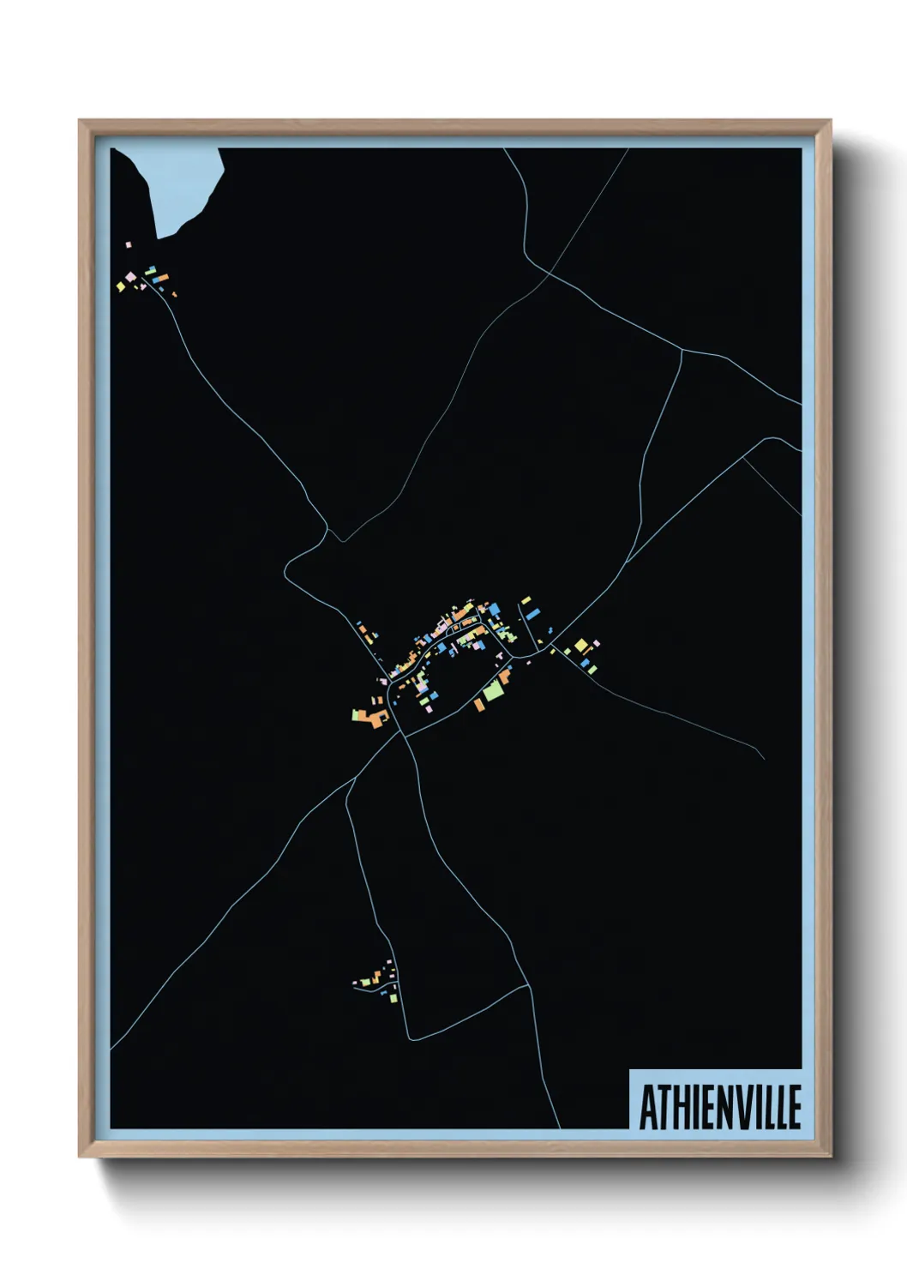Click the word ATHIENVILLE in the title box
[719, 1107]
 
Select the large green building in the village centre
[495, 688]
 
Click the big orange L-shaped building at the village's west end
[375, 716]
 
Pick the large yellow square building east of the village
[580, 645]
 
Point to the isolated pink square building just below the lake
[129, 245]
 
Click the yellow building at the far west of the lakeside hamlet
[121, 287]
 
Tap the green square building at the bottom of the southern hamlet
[393, 998]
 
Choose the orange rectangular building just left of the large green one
[479, 705]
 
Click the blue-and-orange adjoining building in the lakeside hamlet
[159, 279]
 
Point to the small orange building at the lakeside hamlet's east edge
[174, 295]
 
